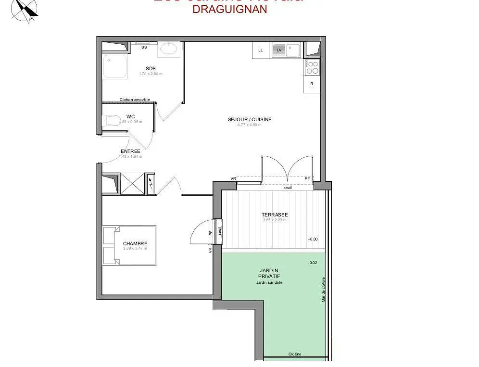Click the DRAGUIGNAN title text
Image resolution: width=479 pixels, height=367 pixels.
coord(229,10)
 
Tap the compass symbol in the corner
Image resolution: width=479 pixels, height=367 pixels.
coord(25,10)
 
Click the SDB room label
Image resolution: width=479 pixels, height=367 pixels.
coord(151,68)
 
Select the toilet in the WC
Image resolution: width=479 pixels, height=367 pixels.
coord(112,120)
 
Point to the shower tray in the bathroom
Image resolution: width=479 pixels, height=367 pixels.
coord(114,66)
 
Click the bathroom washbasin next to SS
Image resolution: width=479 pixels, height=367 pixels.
coord(169,49)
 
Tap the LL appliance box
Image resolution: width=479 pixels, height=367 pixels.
coord(261,50)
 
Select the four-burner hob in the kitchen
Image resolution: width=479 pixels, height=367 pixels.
coord(312,67)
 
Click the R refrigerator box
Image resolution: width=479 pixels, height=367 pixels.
coord(312,84)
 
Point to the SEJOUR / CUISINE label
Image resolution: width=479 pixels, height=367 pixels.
coord(250,119)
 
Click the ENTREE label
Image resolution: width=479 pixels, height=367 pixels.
coord(130,151)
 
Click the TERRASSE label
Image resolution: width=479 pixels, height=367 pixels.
coord(275,215)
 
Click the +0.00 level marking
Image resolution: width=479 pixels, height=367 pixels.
coord(313,239)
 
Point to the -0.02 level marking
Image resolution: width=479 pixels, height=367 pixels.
coord(313,263)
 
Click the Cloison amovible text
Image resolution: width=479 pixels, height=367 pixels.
coord(135,100)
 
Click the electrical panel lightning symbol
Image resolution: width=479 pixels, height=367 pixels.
coord(151,183)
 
